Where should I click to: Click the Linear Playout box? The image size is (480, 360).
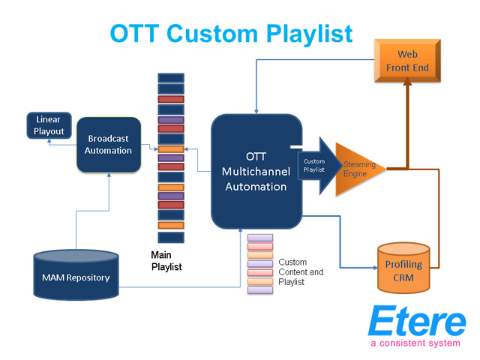coord(49,125)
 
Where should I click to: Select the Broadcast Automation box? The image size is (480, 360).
coord(109,145)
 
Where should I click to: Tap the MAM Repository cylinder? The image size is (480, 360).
coord(76,274)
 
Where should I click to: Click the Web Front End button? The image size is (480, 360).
coord(407,61)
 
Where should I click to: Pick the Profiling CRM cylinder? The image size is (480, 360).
coord(403,268)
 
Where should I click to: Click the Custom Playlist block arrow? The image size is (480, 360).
coord(319,166)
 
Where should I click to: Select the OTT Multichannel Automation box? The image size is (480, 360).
coord(256,172)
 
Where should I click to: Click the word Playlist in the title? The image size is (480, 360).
coord(310,33)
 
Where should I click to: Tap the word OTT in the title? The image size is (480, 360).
coord(134,33)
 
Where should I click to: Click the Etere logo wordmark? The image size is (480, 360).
coord(417,321)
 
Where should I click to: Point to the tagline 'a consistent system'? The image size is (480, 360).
coord(415,343)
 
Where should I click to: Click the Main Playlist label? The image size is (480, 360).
coord(166,261)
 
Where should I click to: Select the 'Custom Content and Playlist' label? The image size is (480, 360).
coord(301,271)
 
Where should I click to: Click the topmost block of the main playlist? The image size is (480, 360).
coord(171,78)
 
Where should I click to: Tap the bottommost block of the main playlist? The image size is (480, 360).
coord(171,238)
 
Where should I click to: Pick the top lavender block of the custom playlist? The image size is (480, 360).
coord(260,238)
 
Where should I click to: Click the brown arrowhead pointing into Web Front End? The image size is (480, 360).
coord(407,81)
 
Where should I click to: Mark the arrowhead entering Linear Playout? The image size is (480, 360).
coord(49,141)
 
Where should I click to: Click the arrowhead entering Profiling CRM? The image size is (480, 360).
coord(375,268)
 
